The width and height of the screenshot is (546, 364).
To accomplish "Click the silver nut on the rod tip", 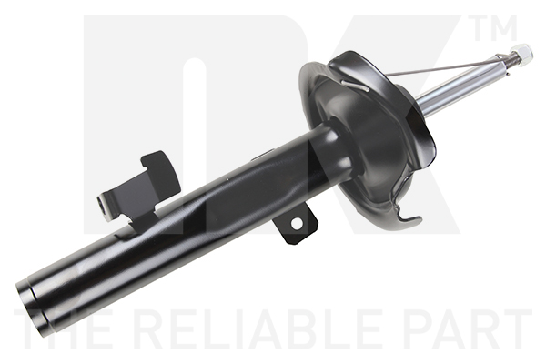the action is [x=522, y=55].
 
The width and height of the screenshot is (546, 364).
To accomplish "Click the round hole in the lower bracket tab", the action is [x=297, y=224].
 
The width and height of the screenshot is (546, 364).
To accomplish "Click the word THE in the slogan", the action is [x=63, y=329].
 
